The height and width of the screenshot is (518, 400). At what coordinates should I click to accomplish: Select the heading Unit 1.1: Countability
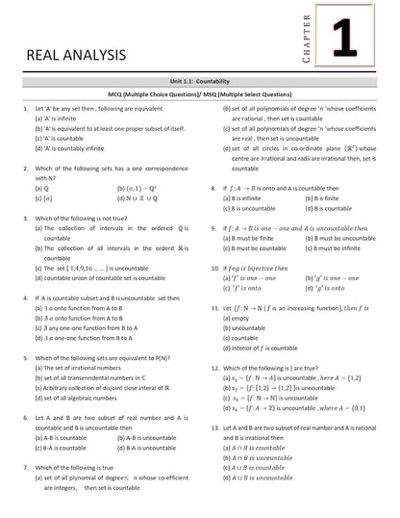click(200, 111)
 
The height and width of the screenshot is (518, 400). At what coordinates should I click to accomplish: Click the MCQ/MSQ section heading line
click(200, 124)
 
